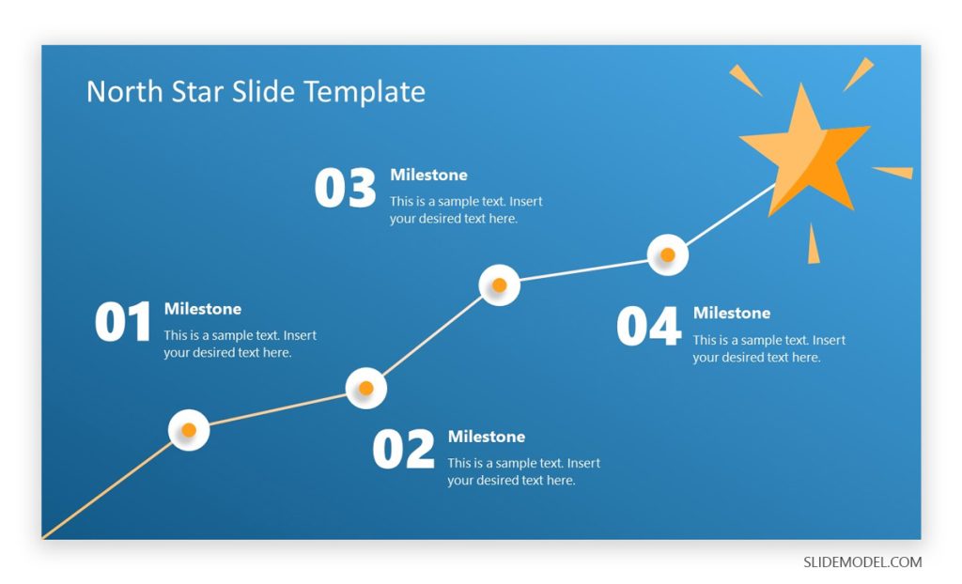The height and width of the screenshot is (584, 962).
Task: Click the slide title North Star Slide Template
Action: (x=256, y=92)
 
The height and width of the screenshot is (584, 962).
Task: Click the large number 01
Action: (x=123, y=323)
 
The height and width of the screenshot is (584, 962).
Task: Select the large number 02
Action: (x=404, y=450)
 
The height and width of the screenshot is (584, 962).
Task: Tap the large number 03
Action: (x=345, y=189)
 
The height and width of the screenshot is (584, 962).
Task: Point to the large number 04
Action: (x=648, y=327)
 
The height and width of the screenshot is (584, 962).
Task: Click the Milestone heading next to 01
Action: (x=202, y=309)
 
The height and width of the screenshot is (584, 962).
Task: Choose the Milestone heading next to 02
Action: (x=486, y=437)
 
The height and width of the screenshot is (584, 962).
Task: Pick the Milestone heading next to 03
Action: (x=428, y=175)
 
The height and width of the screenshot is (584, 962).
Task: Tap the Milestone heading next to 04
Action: (x=731, y=313)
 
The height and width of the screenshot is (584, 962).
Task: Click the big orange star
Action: (x=804, y=150)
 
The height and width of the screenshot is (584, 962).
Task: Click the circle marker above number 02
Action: (x=366, y=388)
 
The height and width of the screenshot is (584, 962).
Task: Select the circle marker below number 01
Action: (x=189, y=430)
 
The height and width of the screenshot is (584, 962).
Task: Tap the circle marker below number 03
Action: (x=500, y=284)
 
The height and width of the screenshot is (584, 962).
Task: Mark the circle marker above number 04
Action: (x=668, y=254)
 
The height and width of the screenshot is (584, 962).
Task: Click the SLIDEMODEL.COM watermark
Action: (x=862, y=562)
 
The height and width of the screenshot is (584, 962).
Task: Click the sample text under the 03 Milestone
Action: (x=466, y=209)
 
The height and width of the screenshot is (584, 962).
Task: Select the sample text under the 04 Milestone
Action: (x=768, y=348)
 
